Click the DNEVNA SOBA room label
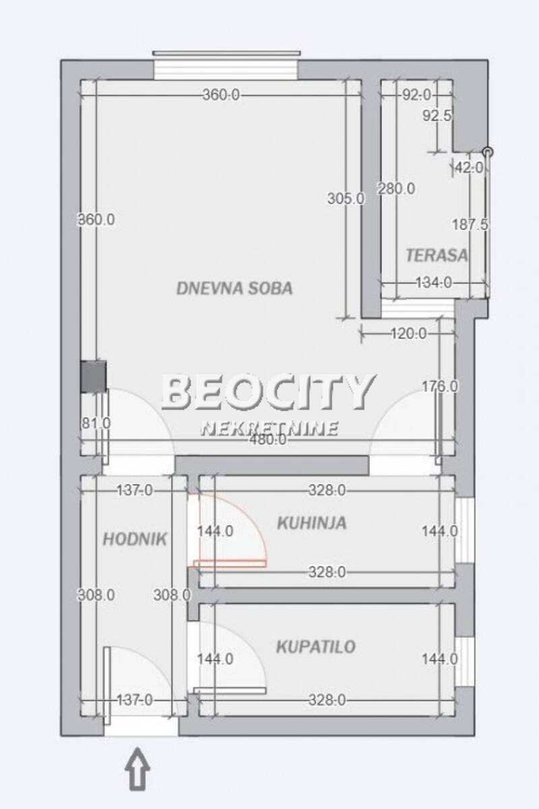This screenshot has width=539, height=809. [234, 289]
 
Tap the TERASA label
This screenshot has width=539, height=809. [437, 256]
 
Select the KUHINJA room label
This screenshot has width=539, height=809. [312, 523]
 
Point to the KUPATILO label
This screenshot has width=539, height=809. [316, 647]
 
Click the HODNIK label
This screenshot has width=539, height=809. [135, 539]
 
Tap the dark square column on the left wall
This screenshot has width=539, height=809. [93, 376]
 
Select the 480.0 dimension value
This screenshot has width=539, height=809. [268, 440]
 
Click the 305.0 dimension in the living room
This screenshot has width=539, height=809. [346, 199]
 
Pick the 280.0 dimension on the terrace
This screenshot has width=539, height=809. [396, 189]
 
